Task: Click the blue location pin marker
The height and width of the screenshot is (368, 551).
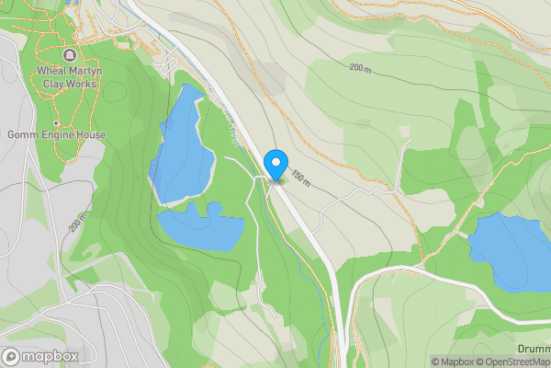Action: (275, 165)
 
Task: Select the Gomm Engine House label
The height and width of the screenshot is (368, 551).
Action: (57, 135)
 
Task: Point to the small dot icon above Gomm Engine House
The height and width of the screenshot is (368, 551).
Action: (57, 123)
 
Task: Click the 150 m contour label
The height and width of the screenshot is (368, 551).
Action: (300, 176)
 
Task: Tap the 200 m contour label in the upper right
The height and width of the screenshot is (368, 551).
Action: (362, 68)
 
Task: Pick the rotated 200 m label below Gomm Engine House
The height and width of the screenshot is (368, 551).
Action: (77, 222)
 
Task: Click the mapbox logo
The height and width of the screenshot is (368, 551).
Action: (40, 356)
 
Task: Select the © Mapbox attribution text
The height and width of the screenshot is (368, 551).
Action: (453, 362)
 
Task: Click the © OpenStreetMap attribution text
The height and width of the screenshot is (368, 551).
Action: (513, 362)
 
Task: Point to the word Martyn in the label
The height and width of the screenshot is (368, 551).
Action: (89, 70)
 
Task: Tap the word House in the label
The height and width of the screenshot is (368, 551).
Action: (90, 135)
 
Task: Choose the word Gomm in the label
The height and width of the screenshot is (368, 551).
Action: (23, 135)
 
